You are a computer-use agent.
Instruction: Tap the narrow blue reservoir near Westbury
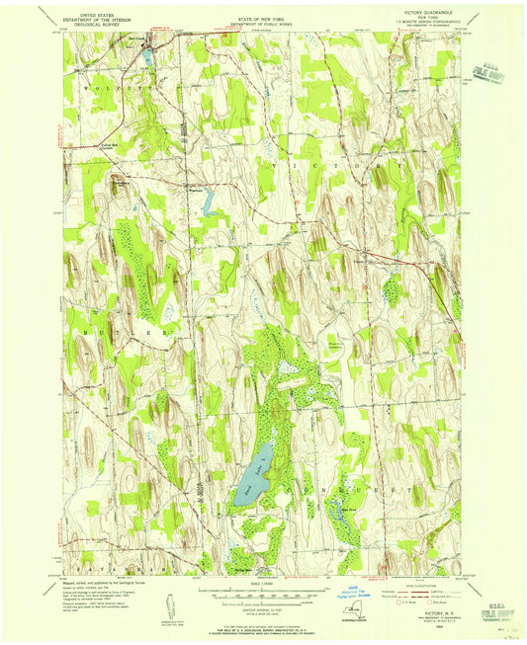click(x=207, y=204)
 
